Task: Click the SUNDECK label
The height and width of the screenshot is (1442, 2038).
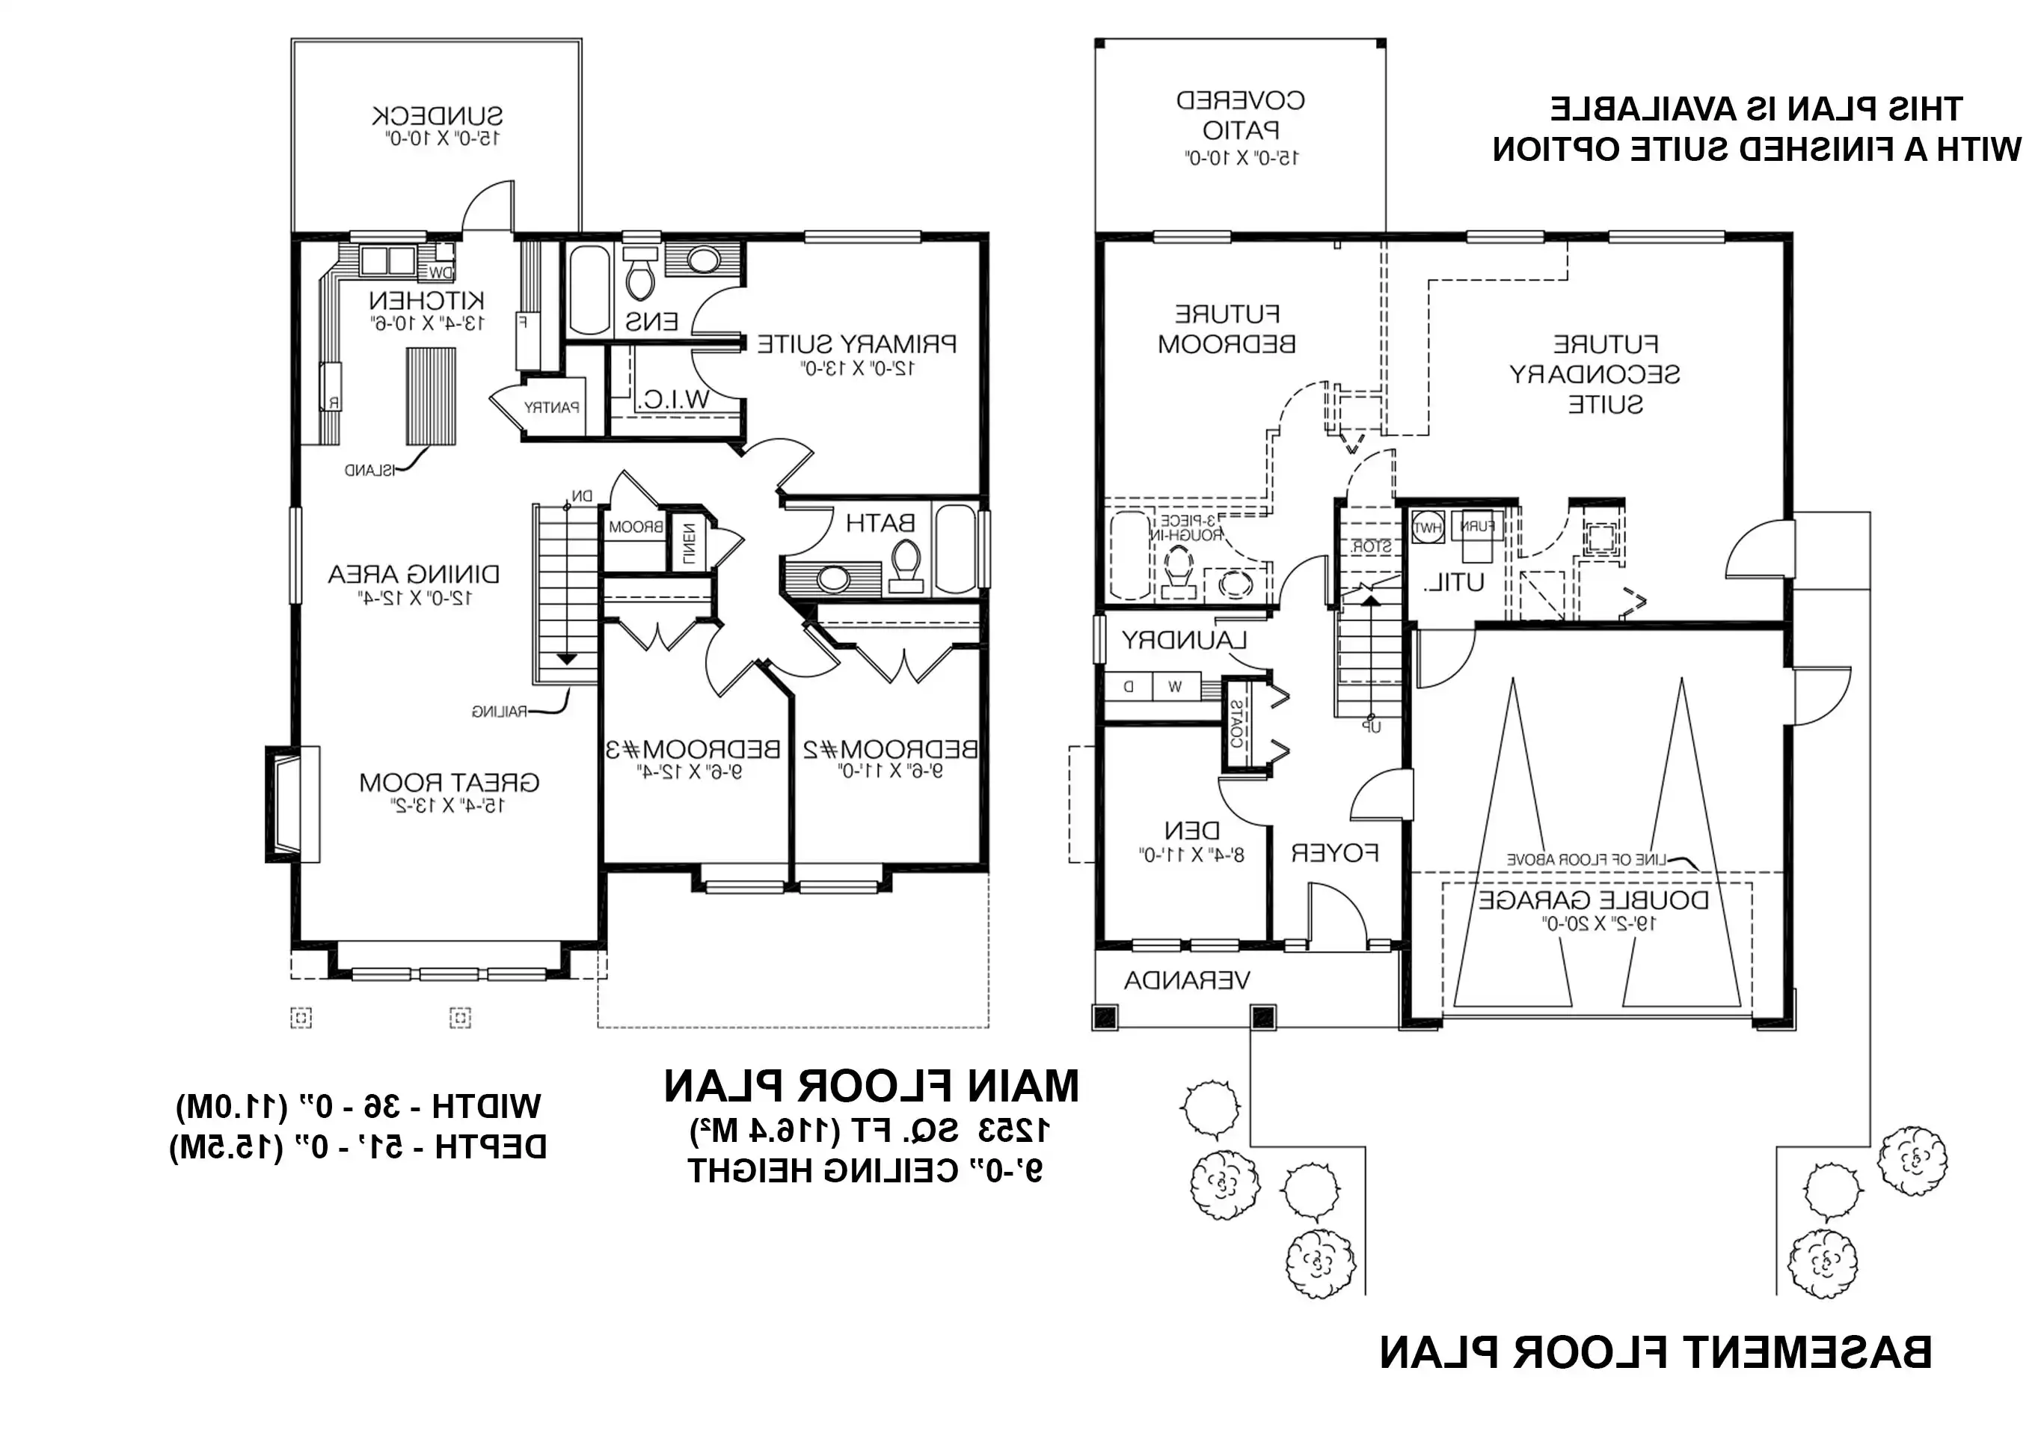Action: (437, 116)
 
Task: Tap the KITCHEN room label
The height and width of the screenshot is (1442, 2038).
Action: (427, 300)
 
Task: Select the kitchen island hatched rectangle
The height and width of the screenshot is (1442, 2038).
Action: (432, 396)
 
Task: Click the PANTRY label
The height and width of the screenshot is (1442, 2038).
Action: (552, 408)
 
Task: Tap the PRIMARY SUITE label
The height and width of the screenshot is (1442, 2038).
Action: (856, 343)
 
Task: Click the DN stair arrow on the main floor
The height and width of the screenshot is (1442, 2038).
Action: (566, 659)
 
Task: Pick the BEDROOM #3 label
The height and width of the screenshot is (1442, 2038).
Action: (693, 749)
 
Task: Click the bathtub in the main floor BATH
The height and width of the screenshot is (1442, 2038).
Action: (956, 547)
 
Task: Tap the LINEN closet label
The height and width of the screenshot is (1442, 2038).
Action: (690, 542)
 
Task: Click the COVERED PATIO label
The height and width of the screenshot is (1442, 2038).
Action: (1240, 114)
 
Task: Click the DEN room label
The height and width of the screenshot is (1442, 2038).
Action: (1191, 831)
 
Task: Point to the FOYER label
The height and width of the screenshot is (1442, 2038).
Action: (1334, 853)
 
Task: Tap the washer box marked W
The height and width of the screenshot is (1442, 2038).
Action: (1174, 686)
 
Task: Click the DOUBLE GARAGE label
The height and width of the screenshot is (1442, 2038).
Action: (1593, 900)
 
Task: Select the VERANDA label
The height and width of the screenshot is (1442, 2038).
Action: (1187, 981)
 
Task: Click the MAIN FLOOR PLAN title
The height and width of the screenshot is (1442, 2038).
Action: (871, 1087)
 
